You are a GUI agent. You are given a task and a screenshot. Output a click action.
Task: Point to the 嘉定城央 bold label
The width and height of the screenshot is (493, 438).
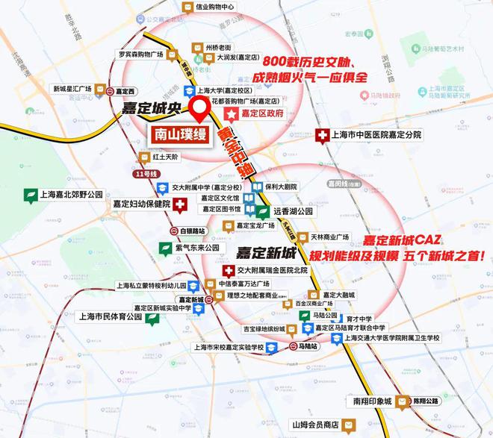(153, 109)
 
